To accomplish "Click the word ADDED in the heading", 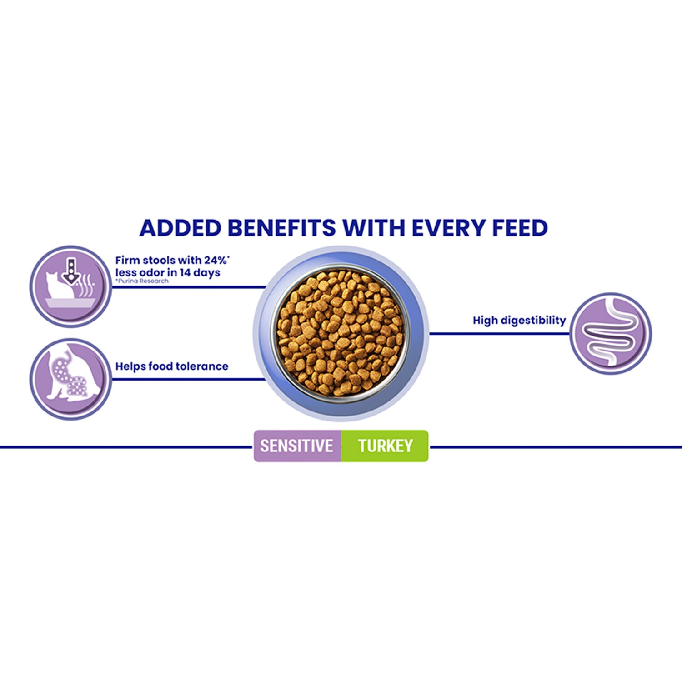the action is (181, 228).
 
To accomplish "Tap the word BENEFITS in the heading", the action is (282, 228).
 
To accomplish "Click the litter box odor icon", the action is (70, 286).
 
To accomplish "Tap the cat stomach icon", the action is (70, 379).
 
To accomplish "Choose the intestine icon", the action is (611, 334).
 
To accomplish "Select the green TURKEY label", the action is (385, 446).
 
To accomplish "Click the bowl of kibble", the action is (341, 333).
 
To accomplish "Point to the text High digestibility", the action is (519, 321).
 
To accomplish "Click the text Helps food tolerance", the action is (172, 366).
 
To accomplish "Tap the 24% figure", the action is (216, 260).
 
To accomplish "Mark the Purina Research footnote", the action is (142, 281).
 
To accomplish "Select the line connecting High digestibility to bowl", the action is (500, 334).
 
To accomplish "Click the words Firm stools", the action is (145, 260).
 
